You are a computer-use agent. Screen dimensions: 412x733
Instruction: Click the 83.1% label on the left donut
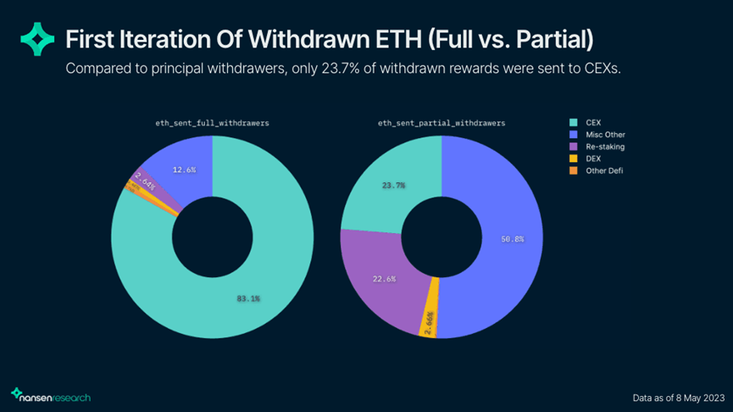pos(247,298)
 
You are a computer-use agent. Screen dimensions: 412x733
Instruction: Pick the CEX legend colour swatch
pos(572,121)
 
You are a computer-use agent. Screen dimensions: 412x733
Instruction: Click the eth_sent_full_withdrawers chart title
pos(212,123)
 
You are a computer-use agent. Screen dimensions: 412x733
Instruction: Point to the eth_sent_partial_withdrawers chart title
pos(441,123)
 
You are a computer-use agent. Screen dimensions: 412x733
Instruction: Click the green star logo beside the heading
pos(36,40)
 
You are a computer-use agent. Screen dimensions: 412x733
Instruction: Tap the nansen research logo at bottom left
pos(51,395)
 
